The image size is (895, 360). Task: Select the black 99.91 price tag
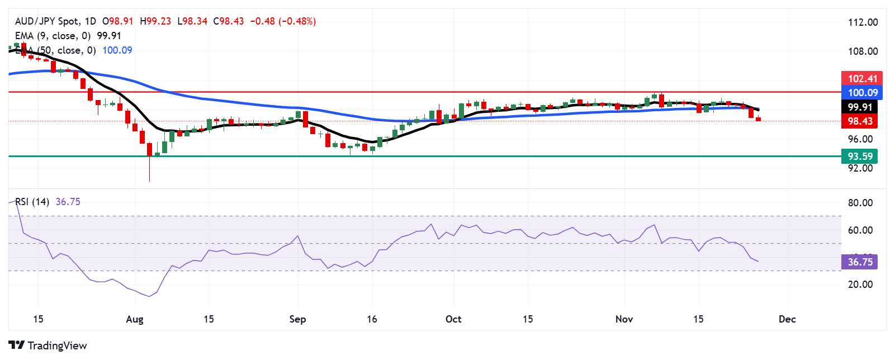[x=860, y=107]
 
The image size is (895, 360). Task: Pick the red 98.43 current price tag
[x=860, y=121]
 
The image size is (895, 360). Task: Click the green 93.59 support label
[x=860, y=157]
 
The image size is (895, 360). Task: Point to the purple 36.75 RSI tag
[x=860, y=262]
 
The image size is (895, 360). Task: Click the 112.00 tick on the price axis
[x=863, y=22]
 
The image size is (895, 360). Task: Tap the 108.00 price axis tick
[x=863, y=51]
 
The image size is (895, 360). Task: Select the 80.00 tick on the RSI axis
[x=860, y=203]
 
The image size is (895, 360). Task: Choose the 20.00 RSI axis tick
[x=860, y=285]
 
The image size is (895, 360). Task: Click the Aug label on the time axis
[x=135, y=319]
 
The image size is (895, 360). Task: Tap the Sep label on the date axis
[x=297, y=319]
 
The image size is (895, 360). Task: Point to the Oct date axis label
[x=453, y=319]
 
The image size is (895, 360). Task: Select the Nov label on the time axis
[x=624, y=319]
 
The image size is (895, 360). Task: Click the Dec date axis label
[x=787, y=319]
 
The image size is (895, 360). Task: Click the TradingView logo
[x=48, y=345]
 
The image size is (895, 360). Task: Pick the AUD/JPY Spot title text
[x=47, y=21]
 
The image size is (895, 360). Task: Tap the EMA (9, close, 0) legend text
[x=53, y=36]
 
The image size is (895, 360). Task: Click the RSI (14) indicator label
[x=32, y=202]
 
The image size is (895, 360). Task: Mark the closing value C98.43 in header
[x=229, y=21]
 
